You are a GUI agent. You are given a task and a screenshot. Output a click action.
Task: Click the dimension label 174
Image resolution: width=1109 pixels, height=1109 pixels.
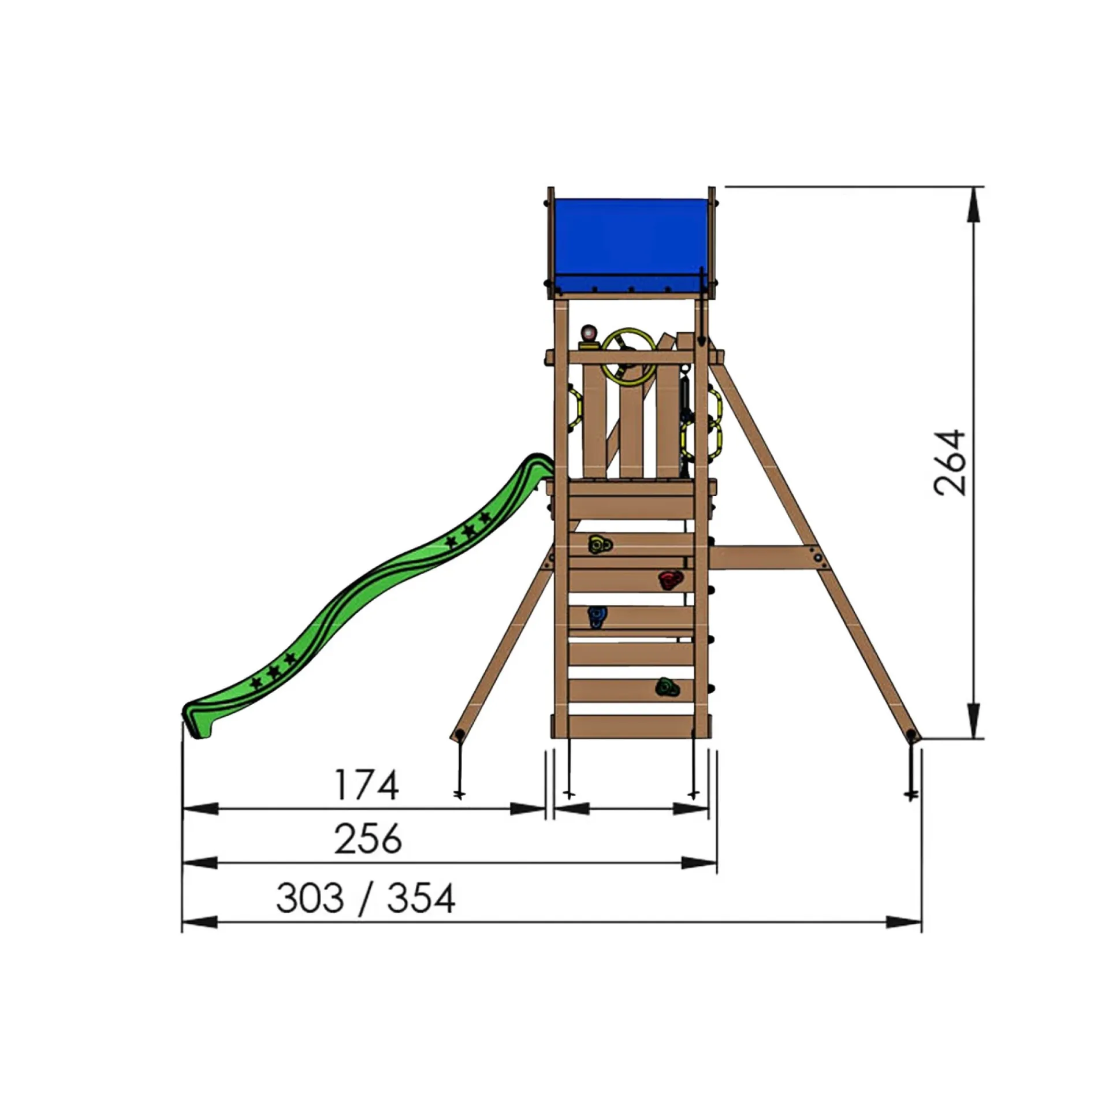coord(367,784)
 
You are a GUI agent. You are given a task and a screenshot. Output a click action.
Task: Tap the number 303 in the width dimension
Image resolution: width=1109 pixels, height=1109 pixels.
coord(310,898)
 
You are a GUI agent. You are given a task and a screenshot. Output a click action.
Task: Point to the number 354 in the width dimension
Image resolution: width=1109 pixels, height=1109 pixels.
coord(421,898)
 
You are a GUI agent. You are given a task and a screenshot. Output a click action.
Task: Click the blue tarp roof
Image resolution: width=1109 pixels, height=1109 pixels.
coord(630,245)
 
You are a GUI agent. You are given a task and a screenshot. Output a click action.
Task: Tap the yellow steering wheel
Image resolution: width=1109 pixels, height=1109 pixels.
coord(628,358)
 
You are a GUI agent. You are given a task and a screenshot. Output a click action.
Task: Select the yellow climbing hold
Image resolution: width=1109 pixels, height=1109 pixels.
coord(600,544)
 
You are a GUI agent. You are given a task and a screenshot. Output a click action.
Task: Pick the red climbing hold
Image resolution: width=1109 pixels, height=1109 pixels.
coord(670,579)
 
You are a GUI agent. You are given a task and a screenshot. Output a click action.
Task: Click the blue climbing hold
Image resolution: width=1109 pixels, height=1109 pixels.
coord(596,617)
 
